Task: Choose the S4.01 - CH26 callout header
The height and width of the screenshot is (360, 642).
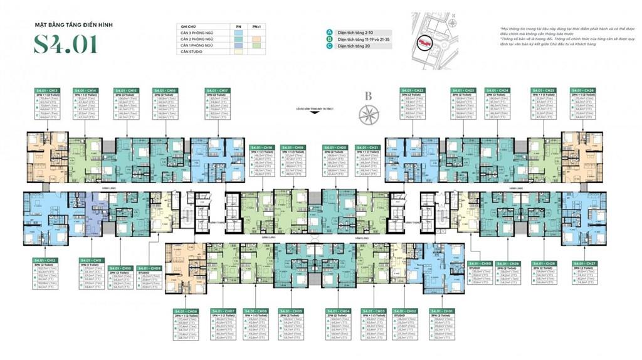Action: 582,90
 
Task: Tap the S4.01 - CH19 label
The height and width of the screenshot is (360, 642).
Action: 293,147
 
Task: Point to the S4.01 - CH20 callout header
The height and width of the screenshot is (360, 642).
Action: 335,147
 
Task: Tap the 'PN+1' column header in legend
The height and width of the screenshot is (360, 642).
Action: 256,27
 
